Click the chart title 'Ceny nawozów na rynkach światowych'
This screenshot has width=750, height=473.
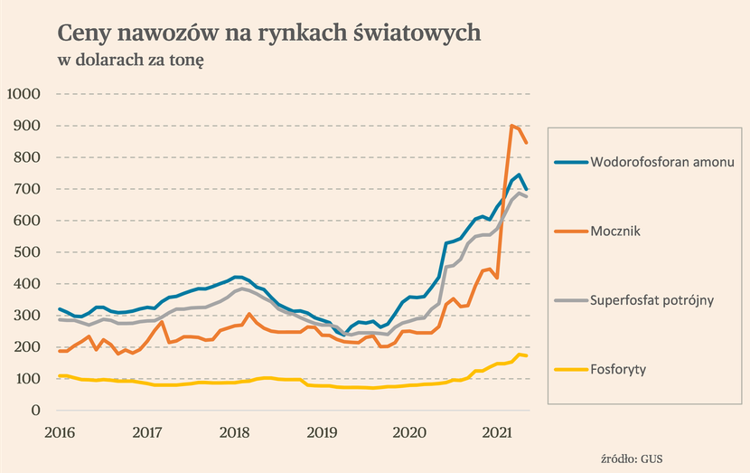tap(269, 33)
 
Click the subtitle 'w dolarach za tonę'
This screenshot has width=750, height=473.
tap(132, 61)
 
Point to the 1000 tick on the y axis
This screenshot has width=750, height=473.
tap(23, 94)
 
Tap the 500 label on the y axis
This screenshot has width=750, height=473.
tap(28, 252)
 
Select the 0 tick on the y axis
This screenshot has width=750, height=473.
tap(36, 411)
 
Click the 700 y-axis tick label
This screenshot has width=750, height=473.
tap(28, 189)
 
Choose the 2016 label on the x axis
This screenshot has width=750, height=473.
tap(59, 431)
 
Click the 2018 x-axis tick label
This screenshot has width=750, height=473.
tap(234, 431)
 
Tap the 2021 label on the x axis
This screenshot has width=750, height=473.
tap(496, 431)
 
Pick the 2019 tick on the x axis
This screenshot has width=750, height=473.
tap(322, 431)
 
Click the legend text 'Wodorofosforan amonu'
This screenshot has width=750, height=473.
tap(662, 163)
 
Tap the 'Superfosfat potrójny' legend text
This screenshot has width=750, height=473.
tap(652, 300)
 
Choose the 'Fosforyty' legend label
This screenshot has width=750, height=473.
tap(620, 369)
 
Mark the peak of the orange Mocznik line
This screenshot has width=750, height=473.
tap(511, 126)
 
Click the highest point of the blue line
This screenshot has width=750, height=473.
tap(519, 175)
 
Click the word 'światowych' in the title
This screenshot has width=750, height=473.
tap(422, 33)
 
